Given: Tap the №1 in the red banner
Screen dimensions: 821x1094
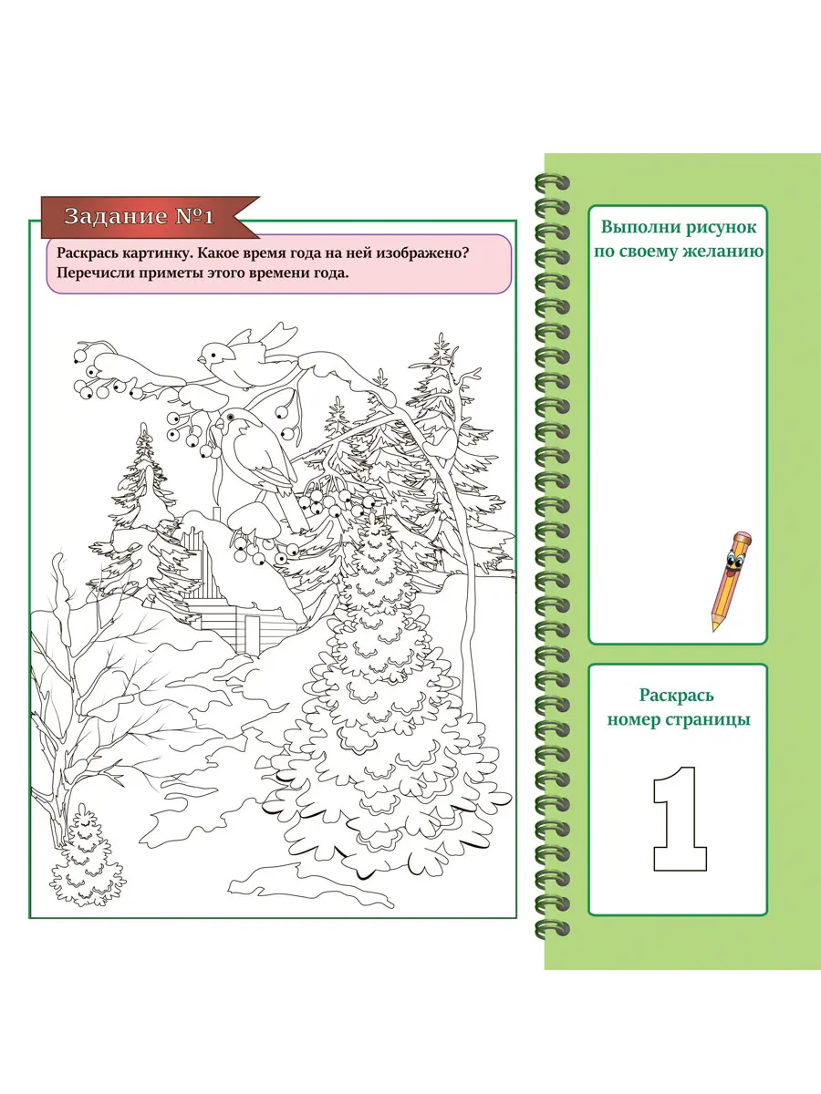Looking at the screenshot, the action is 195,216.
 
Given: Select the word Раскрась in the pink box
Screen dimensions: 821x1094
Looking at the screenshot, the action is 87,253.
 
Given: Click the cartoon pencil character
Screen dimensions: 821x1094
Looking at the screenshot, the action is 732,581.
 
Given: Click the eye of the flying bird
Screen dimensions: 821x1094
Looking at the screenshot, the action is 213,355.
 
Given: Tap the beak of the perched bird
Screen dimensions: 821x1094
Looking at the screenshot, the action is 219,425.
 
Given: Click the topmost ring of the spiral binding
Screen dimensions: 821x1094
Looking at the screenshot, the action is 552,183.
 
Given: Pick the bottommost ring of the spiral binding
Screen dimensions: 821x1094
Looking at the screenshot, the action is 552,928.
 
